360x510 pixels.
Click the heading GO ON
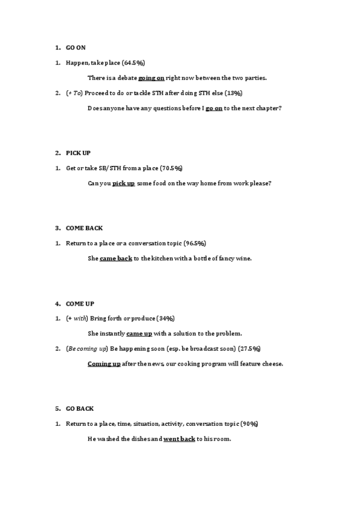tap(76, 48)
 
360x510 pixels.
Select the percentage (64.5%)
tap(133, 63)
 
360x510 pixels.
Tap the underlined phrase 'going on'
tap(151, 78)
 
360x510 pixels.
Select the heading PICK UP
tap(78, 153)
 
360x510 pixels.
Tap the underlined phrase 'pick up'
tap(124, 183)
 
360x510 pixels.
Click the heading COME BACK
tap(84, 228)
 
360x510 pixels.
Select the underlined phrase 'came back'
tap(116, 259)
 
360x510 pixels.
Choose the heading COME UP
tap(80, 304)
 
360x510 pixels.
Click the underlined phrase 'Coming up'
tap(104, 364)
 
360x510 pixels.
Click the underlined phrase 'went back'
tap(179, 439)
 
